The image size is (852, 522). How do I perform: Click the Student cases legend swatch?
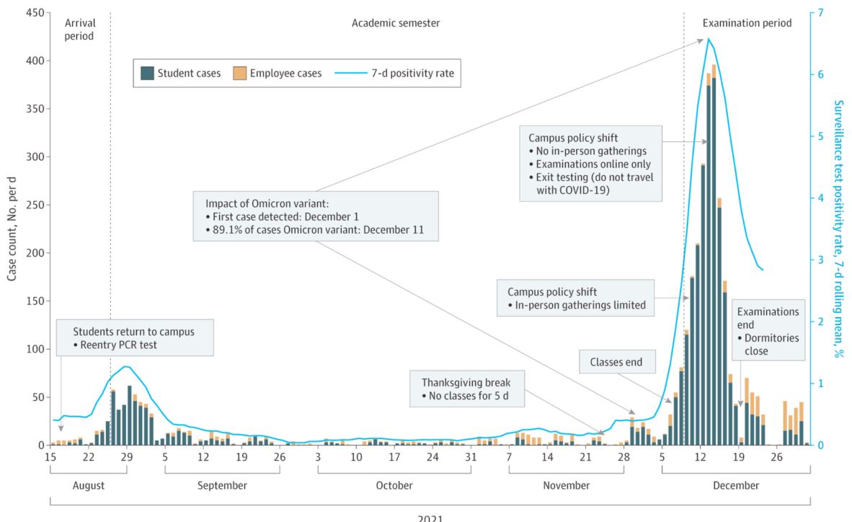click(147, 73)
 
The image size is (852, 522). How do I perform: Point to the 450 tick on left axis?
click(34, 13)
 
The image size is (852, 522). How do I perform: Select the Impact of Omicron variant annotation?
click(315, 215)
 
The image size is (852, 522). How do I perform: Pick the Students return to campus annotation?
click(134, 337)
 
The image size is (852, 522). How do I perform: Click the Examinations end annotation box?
click(767, 331)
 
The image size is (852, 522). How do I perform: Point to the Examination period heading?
click(747, 23)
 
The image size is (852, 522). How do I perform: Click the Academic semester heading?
click(396, 23)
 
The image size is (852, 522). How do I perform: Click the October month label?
click(394, 485)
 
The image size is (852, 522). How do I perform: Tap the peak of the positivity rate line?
click(709, 39)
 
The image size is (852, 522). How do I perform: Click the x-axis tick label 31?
click(471, 457)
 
